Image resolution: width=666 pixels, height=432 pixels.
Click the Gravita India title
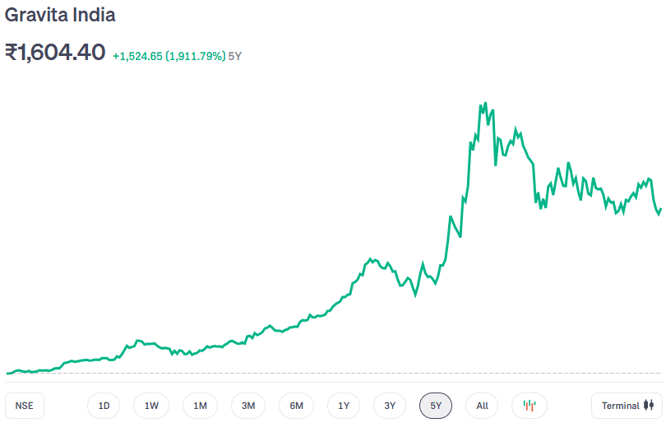tap(60, 15)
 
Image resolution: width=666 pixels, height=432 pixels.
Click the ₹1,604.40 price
tap(55, 53)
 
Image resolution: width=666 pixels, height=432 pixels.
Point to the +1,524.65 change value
tap(138, 56)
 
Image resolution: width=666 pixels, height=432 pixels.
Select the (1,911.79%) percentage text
tap(196, 56)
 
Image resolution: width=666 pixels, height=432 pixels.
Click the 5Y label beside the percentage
tap(235, 56)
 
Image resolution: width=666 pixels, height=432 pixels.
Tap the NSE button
tap(25, 406)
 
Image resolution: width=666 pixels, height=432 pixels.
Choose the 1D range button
tap(104, 406)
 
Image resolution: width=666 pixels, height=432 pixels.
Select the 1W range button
tap(151, 406)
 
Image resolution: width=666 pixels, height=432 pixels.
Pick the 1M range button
tap(200, 406)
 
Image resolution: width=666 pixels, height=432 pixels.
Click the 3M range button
tap(248, 406)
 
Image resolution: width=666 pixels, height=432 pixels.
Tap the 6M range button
tap(296, 406)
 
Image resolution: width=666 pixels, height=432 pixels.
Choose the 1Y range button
tap(344, 406)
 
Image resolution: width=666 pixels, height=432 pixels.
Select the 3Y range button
tap(390, 406)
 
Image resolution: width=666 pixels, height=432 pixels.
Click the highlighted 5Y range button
tap(436, 406)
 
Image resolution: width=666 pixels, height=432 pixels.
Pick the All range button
tap(482, 406)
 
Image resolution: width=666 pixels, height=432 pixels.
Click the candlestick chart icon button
tap(530, 406)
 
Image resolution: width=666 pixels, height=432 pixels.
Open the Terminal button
tap(627, 406)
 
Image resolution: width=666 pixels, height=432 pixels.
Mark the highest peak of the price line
tap(480, 104)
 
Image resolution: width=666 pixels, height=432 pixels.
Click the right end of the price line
tap(660, 209)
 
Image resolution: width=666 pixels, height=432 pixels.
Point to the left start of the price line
tap(7, 373)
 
